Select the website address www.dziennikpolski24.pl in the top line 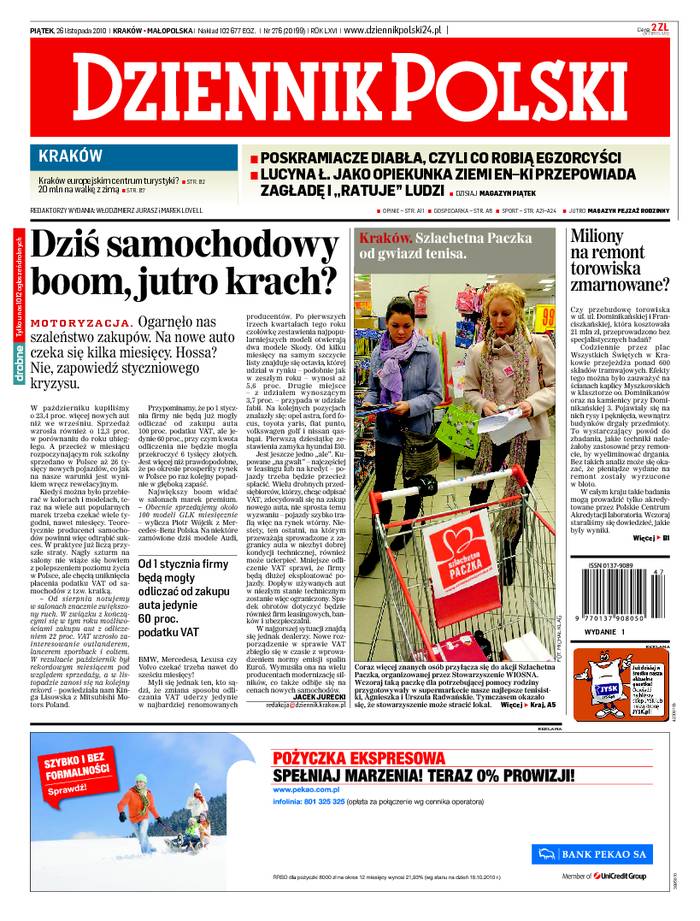[x=394, y=31]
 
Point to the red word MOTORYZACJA [x=81, y=324]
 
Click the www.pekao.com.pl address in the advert [x=305, y=790]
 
